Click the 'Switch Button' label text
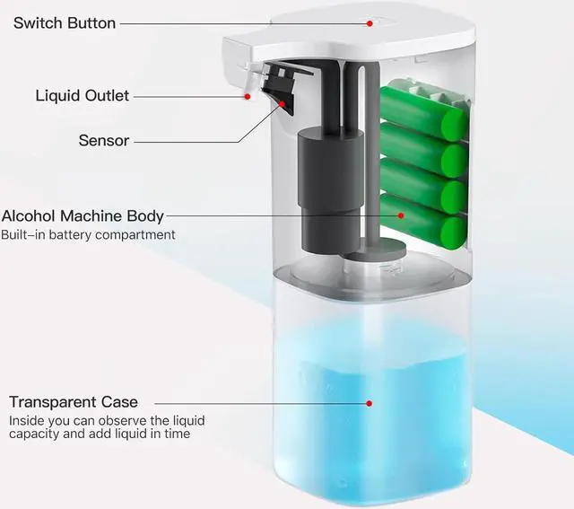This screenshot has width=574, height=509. pos(64,22)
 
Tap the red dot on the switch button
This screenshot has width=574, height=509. pos(369,22)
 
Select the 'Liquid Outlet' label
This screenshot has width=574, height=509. pos(83,95)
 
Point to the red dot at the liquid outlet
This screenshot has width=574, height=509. pos(247,95)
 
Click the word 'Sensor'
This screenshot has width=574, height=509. pos(104,141)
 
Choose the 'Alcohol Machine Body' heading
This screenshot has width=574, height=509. pos(83,215)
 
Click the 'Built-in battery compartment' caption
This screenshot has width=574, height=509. pos(89,235)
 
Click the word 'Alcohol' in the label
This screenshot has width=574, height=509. pos(28,215)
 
